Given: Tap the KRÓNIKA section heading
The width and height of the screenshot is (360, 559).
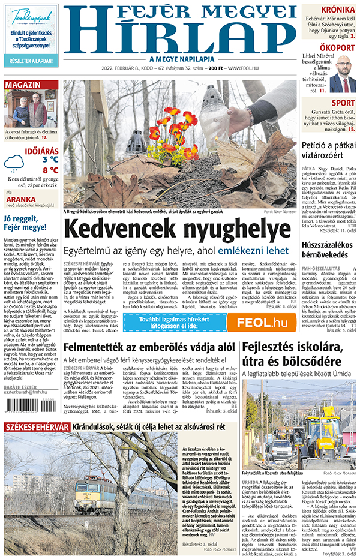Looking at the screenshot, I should click(x=337, y=9).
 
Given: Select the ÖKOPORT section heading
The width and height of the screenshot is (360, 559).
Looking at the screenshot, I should click(x=337, y=47).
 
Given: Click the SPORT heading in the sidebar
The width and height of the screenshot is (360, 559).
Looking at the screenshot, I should click(x=343, y=103).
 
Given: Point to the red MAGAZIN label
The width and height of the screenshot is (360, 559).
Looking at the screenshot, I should click(x=24, y=85).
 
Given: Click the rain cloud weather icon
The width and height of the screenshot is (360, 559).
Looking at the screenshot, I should click(x=14, y=162).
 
